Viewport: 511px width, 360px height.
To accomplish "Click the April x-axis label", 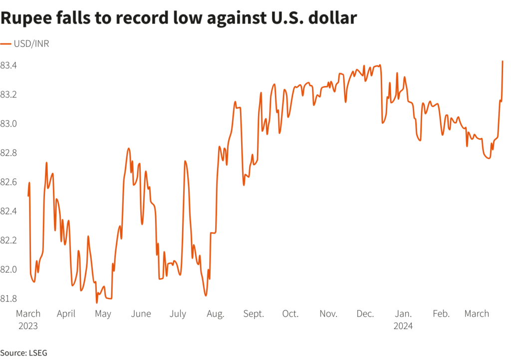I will point(66,314).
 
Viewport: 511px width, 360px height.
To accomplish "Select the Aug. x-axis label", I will point(215,314).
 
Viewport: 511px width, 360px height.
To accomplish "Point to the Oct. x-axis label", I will point(290,314).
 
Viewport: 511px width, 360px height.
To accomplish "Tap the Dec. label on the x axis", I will point(365,314).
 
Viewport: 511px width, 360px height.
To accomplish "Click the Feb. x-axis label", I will point(441,314).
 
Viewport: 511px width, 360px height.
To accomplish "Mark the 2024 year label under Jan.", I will point(403,327).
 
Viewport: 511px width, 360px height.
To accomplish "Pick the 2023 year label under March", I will point(28,327).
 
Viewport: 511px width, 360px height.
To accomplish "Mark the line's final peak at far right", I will point(502,61).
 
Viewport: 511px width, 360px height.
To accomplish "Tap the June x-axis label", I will point(141,314).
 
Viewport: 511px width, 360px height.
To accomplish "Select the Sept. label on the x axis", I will point(254,314).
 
